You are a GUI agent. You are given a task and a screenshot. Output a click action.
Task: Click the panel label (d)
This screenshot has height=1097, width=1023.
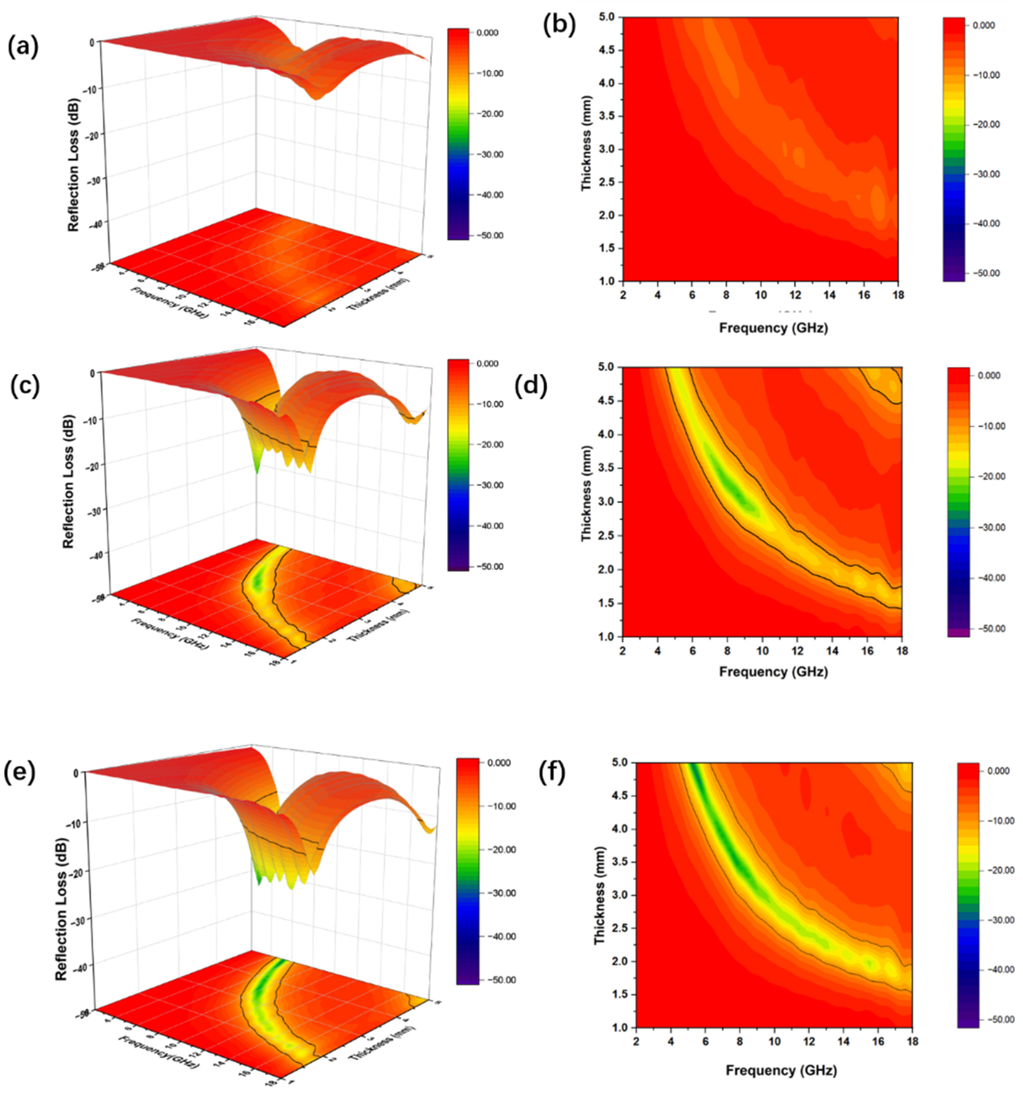tap(531, 386)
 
